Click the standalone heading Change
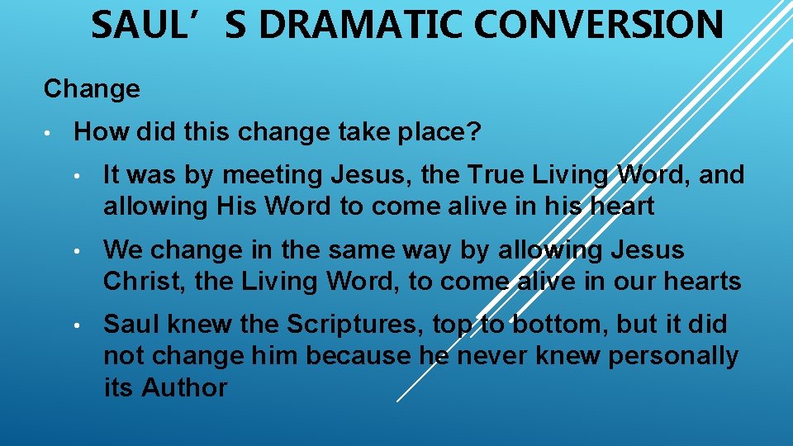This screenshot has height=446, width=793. click(92, 88)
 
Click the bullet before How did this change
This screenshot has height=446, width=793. click(50, 132)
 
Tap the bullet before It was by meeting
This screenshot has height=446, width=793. click(78, 175)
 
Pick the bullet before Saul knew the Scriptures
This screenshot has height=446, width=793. click(78, 325)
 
